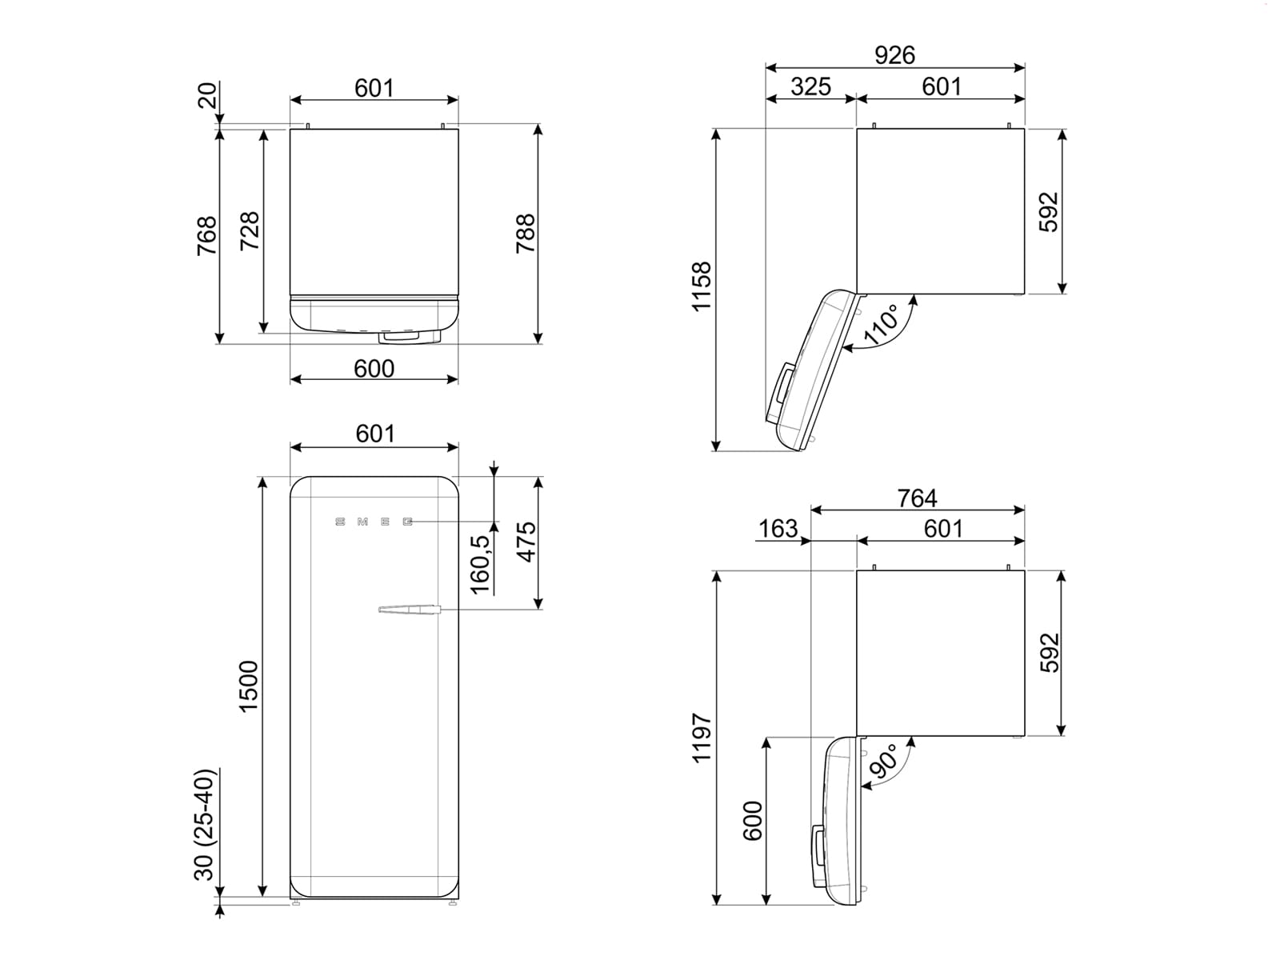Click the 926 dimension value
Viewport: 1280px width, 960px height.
pos(894,55)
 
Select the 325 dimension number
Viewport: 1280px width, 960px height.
pos(810,86)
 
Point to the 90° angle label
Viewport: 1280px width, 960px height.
pos(883,761)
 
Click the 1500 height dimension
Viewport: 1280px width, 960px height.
pos(249,686)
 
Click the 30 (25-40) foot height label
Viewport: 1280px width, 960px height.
pos(206,824)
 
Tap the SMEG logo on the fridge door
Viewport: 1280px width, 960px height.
pos(374,522)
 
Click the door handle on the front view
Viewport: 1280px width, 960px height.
pos(409,610)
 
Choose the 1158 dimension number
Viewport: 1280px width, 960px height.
pos(702,286)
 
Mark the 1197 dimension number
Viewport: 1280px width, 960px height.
pos(702,738)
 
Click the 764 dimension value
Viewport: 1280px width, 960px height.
pos(917,498)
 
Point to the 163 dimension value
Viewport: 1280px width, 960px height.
pos(778,529)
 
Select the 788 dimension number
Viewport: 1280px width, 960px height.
pos(526,234)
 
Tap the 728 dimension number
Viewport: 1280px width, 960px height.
pos(250,231)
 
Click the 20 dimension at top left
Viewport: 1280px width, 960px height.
pos(207,95)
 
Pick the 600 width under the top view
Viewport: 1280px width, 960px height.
pos(374,368)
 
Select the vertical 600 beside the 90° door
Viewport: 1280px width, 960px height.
pos(753,820)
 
